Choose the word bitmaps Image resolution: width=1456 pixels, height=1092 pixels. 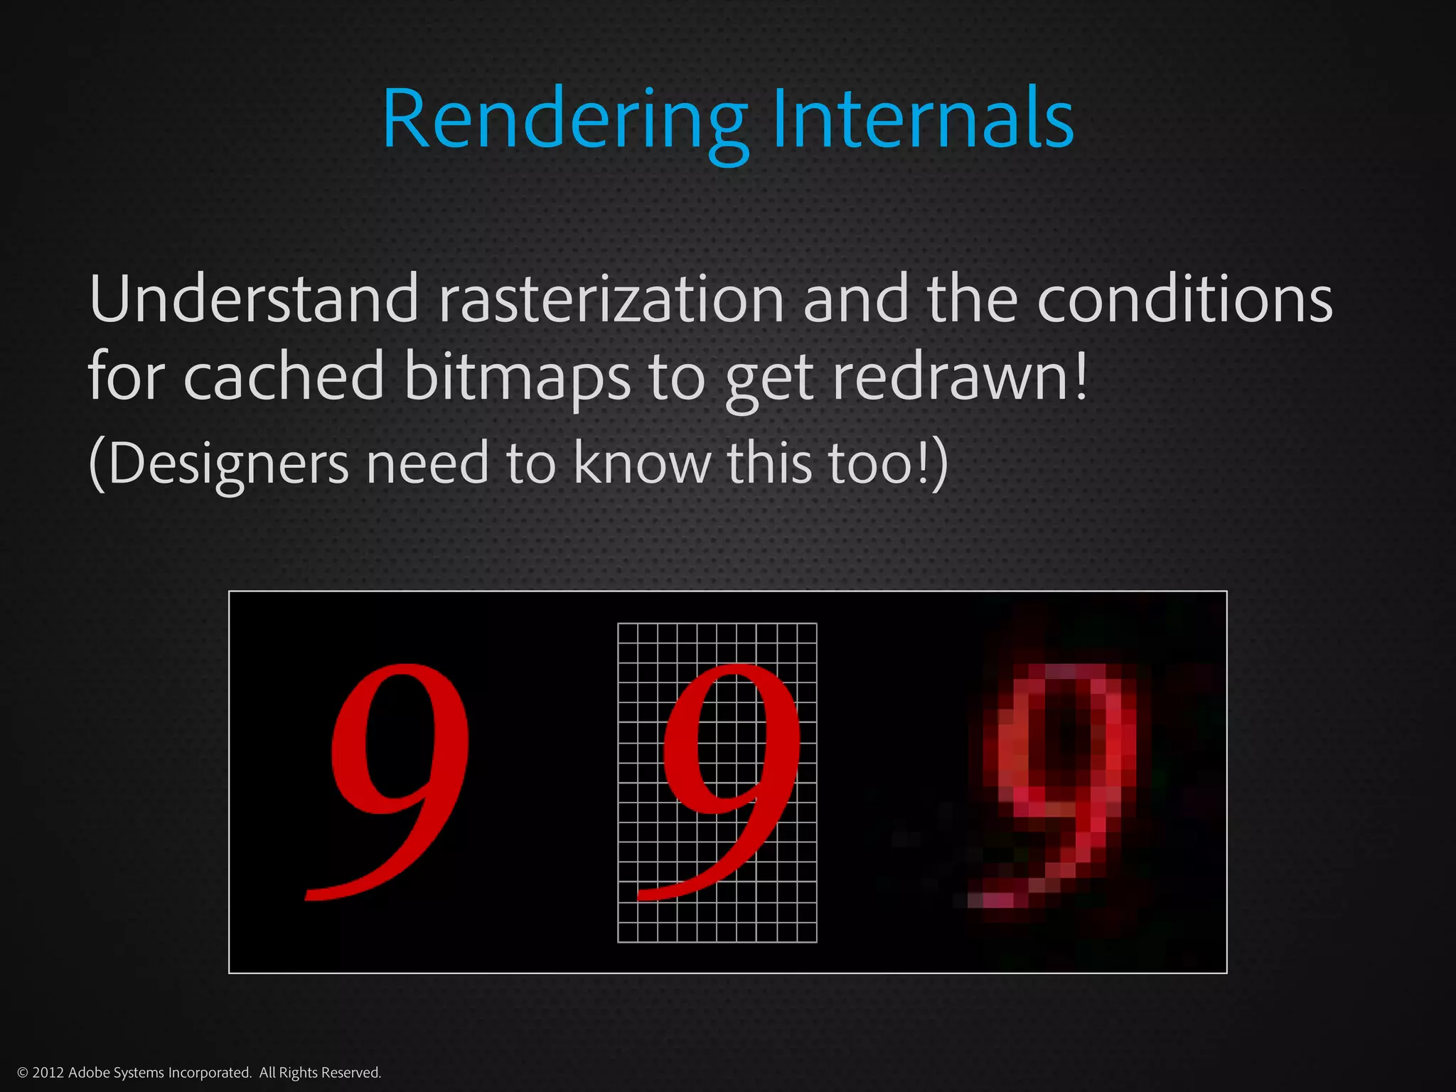pos(517,377)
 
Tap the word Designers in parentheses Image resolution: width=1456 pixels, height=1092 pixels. pos(227,464)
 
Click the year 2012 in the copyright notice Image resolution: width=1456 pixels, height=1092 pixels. pos(48,1073)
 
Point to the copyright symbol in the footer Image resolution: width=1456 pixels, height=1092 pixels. pos(22,1073)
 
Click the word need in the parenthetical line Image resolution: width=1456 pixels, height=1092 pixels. pos(427,464)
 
